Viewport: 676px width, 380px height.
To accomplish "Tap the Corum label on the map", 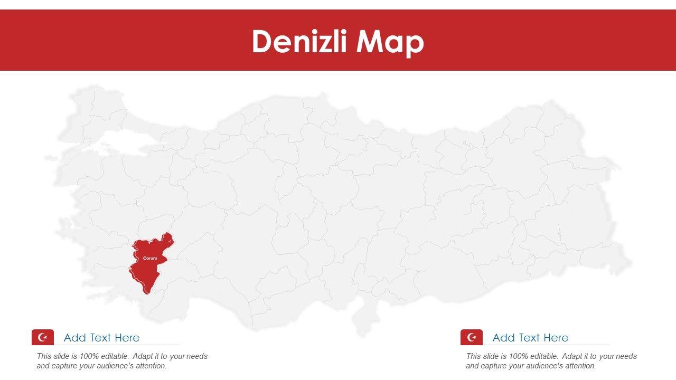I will [x=150, y=258].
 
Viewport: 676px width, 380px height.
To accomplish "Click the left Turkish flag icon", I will [x=43, y=337].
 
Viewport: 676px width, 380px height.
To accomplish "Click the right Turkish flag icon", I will [x=472, y=337].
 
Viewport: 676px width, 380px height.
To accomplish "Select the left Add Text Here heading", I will [x=101, y=338].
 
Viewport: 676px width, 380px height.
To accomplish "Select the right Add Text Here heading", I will [x=530, y=338].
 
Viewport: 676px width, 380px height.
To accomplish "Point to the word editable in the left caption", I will [x=113, y=356].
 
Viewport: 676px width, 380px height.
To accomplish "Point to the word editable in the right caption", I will [x=542, y=356].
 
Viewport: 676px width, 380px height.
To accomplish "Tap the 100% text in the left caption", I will [x=89, y=356].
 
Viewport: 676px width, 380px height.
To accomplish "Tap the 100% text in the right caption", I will [x=518, y=356].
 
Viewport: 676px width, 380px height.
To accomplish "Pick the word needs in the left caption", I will [x=197, y=356].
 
